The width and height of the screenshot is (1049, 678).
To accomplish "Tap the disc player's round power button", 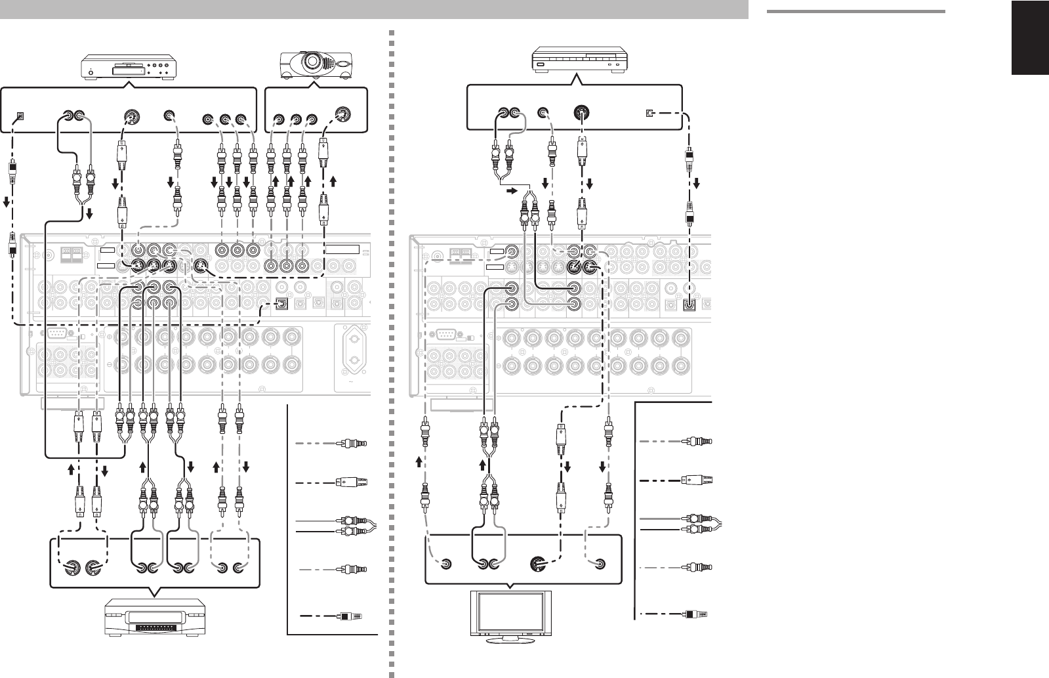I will [90, 70].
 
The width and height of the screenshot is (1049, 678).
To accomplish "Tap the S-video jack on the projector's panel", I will [341, 113].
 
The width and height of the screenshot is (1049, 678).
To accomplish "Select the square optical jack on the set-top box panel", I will [648, 113].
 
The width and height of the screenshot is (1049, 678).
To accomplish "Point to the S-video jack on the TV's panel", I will [537, 564].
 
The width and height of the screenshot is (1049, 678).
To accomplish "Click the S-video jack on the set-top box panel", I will [580, 113].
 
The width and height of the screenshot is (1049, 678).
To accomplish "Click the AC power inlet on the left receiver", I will [354, 355].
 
